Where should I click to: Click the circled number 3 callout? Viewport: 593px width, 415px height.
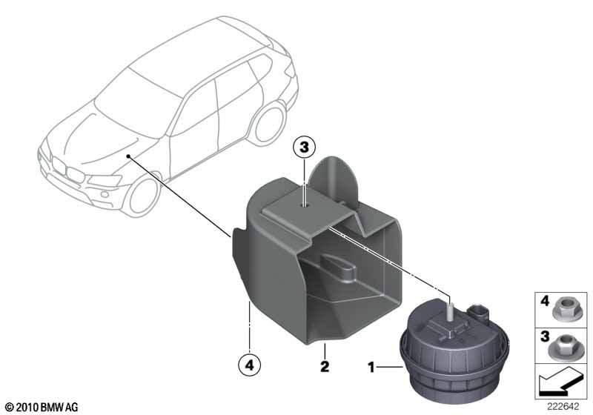point(304,147)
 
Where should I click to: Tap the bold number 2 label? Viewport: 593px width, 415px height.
point(325,366)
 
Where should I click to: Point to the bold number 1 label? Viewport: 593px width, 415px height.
point(371,367)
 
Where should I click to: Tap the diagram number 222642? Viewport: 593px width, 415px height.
point(563,407)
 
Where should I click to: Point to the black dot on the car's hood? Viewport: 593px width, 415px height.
point(128,156)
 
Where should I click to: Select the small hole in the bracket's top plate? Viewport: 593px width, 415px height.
point(304,205)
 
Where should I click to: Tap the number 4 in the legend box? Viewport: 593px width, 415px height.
point(545,302)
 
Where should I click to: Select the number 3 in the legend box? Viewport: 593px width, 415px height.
point(545,336)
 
